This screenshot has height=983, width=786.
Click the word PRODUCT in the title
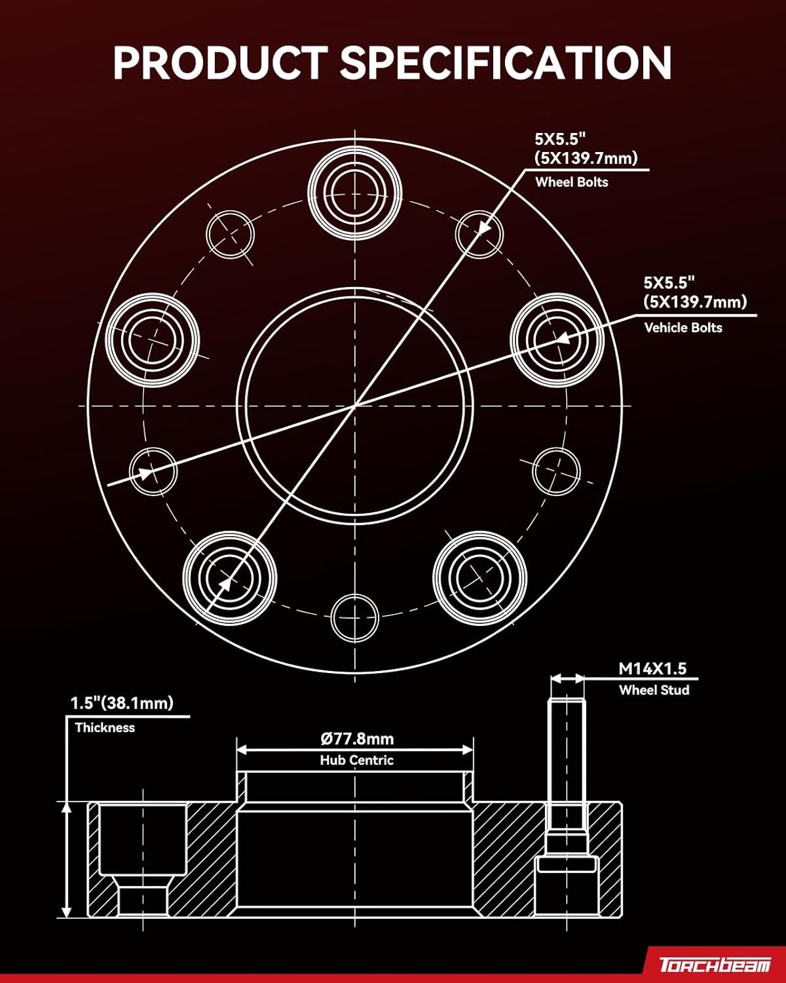point(219,63)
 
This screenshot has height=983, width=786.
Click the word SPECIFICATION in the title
point(505,63)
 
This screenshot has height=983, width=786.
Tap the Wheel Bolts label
point(571,182)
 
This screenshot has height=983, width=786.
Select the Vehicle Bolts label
point(683,328)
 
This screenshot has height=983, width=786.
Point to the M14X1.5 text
point(652,668)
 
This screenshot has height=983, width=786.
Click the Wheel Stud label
point(654,690)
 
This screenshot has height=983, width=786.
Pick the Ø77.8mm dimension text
point(357,739)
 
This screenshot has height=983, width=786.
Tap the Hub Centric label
point(356,760)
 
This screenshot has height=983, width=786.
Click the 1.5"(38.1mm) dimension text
point(122,703)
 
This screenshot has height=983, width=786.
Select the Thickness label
point(105,727)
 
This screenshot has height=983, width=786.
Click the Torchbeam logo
point(714,965)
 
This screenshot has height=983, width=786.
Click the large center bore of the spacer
point(355,406)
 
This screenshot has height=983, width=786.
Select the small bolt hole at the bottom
point(355,617)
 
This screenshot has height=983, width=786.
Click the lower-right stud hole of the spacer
point(479,577)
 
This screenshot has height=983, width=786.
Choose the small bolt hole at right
point(556,471)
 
